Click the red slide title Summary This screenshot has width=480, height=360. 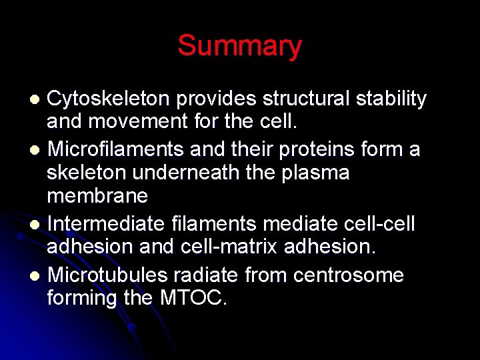[x=239, y=46]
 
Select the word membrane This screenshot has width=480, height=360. [x=97, y=197]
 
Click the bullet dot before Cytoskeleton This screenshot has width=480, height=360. [x=37, y=100]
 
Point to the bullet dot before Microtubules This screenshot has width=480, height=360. [x=37, y=275]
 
